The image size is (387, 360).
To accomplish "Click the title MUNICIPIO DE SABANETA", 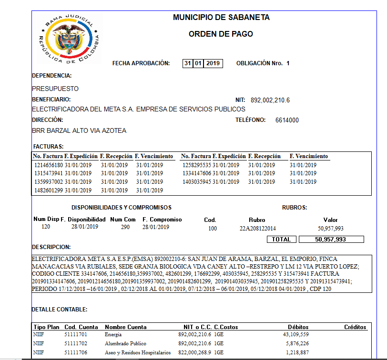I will [221, 18].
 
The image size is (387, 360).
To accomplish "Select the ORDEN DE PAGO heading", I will [221, 34].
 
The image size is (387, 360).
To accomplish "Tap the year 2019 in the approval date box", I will [214, 63].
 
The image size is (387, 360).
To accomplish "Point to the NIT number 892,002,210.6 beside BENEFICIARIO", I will [270, 100].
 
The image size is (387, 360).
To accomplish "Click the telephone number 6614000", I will [287, 120].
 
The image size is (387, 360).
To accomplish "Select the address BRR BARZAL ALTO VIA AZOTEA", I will [79, 130].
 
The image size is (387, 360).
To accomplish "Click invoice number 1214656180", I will [49, 165].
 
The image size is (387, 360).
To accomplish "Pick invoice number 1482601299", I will [49, 190].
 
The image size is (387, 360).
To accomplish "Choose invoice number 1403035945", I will [197, 181].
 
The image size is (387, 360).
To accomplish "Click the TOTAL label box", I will [282, 239].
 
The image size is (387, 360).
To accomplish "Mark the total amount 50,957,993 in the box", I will [330, 239].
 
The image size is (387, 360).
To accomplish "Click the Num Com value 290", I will [125, 227].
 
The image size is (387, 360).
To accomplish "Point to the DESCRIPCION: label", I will [51, 247].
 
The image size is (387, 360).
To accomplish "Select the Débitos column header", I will [298, 327].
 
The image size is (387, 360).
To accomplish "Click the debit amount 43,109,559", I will [296, 335].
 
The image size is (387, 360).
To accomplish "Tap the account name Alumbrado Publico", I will [125, 343].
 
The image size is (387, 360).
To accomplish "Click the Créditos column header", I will [356, 327].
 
